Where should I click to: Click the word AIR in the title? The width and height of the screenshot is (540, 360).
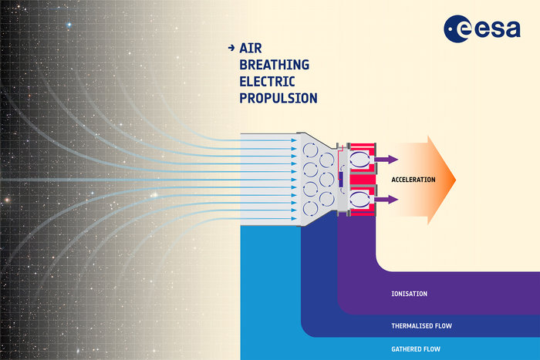(250, 48)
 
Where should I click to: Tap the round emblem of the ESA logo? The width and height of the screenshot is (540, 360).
(457, 29)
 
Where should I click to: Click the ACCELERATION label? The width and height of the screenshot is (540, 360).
(413, 180)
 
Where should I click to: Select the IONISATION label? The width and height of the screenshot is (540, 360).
(409, 294)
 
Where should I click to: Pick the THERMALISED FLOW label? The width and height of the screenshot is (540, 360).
(421, 325)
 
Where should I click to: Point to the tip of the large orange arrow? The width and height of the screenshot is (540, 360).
(455, 179)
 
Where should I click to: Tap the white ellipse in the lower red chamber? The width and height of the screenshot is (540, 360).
(360, 199)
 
